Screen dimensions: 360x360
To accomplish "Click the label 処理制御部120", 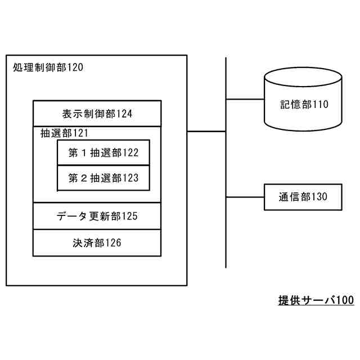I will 47,68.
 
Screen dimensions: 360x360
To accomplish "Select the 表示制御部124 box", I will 97,114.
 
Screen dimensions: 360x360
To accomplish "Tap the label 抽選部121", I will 64,133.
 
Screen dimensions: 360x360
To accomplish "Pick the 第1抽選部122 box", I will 103,152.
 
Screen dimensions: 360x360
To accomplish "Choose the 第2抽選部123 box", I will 103,178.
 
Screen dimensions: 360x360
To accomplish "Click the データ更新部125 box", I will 97,216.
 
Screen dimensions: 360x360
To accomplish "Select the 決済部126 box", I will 97,243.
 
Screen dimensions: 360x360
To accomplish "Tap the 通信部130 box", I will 303,197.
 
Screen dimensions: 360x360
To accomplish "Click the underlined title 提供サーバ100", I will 316,300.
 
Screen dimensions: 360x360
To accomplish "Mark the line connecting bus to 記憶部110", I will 245,100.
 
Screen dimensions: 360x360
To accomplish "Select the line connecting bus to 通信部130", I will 245,197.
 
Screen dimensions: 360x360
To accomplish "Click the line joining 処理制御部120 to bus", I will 206,132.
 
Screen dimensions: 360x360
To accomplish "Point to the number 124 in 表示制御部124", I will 125,114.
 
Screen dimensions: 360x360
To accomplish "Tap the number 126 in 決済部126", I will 113,243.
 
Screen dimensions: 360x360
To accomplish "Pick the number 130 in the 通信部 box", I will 319,197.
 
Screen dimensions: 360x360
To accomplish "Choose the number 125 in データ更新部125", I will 129,216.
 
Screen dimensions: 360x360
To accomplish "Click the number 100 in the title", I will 345,300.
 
